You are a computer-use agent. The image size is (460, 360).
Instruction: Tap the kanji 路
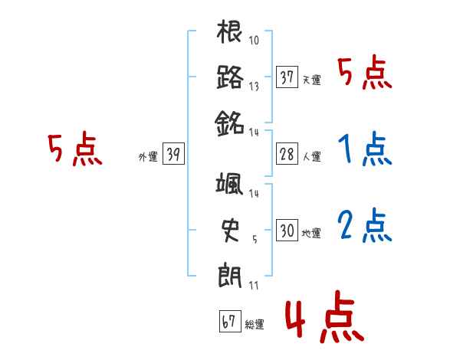point(230,77)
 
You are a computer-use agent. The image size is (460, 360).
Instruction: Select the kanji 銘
point(230,121)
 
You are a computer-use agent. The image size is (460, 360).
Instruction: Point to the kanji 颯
point(230,186)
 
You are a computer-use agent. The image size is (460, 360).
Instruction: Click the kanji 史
point(230,229)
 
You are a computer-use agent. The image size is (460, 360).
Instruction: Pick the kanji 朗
point(230,273)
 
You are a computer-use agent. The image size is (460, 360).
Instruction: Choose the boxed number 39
point(173,155)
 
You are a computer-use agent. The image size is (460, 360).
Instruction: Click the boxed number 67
point(229,322)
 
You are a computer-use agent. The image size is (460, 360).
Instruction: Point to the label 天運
point(311,80)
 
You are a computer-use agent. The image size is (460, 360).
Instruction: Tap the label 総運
point(254,325)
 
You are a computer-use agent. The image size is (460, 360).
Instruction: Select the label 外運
point(148,158)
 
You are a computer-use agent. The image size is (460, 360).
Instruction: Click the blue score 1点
point(364,151)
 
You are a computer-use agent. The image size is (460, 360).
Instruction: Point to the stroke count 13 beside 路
point(255,86)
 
